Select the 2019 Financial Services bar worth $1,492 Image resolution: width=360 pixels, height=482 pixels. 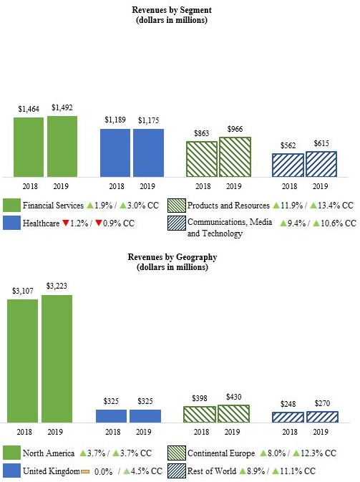(62, 146)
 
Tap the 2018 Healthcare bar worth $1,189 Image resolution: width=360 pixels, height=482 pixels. (115, 153)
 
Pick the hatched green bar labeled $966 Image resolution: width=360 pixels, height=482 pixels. (235, 157)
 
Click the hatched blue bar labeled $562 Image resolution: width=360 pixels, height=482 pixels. (288, 165)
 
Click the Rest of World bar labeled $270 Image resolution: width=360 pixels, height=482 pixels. (321, 417)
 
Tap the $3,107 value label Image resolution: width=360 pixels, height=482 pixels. (22, 291)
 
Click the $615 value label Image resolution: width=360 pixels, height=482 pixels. (321, 144)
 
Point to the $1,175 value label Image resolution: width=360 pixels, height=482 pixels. (147, 121)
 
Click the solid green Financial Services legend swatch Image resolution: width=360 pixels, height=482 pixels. (11, 206)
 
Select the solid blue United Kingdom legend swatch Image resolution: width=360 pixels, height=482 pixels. (11, 471)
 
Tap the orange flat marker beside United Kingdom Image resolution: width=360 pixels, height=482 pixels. (84, 471)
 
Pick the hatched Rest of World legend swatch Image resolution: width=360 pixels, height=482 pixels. (176, 471)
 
